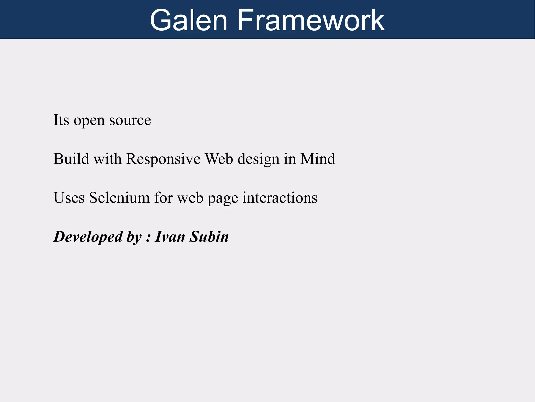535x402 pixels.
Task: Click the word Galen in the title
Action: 188,20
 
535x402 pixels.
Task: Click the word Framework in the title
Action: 311,20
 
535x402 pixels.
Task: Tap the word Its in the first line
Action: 61,120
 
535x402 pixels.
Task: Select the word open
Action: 89,121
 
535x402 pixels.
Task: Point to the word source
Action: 130,121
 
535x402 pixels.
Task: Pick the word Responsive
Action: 163,159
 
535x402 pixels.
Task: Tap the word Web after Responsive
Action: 219,159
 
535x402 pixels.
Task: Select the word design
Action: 258,160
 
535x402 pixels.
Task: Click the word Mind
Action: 317,159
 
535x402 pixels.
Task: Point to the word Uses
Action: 69,198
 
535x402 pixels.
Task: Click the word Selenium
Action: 119,198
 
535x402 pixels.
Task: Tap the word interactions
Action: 280,198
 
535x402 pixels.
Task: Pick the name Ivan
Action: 170,237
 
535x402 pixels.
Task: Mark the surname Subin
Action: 209,237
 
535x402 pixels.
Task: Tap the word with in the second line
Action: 108,159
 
